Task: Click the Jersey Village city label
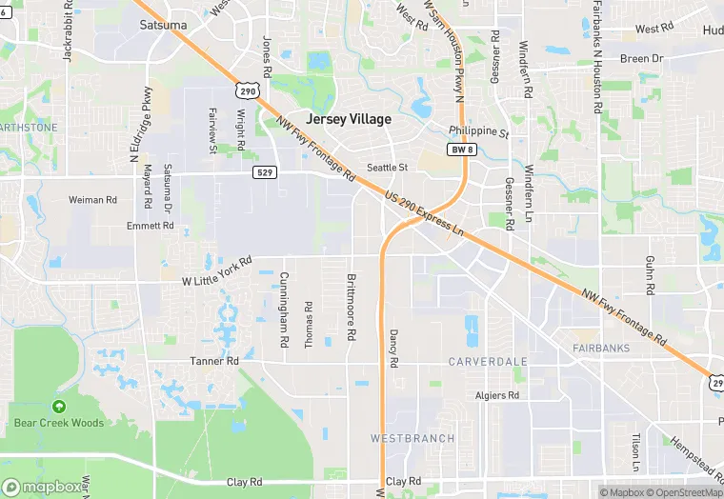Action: tap(349, 119)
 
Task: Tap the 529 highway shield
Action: tap(266, 172)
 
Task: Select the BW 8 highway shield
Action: tap(461, 150)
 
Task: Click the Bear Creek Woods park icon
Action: tap(59, 407)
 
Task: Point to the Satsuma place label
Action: tap(163, 25)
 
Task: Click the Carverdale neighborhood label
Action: tap(487, 363)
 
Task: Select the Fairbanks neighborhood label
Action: tap(601, 349)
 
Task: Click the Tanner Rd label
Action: tap(214, 361)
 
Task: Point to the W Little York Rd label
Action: tap(216, 271)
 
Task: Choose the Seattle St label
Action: tap(388, 167)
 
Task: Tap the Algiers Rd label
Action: tap(497, 395)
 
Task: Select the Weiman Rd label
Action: tap(92, 200)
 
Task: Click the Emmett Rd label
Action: tap(151, 226)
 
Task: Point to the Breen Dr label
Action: tap(641, 59)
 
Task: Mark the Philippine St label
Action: tap(479, 132)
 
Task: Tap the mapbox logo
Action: tap(45, 487)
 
